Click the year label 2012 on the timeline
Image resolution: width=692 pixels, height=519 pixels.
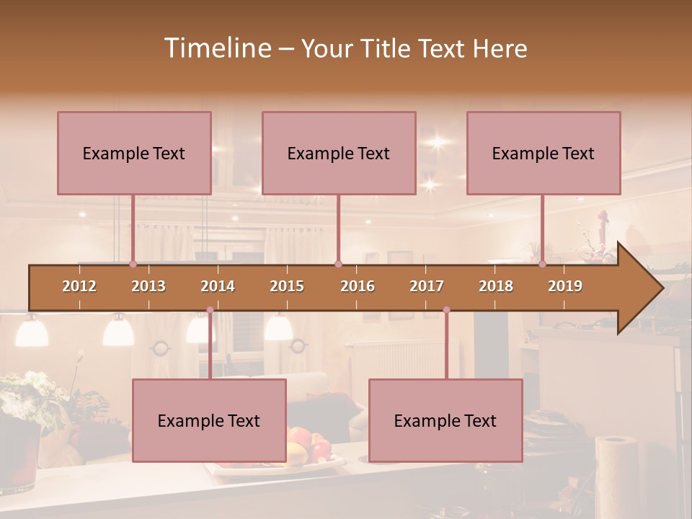pyautogui.click(x=79, y=286)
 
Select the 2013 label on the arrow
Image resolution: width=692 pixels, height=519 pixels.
pyautogui.click(x=148, y=286)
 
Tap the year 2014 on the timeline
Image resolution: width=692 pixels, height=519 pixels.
pyautogui.click(x=218, y=286)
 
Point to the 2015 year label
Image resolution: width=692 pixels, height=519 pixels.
pyautogui.click(x=287, y=286)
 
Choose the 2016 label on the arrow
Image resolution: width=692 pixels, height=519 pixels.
pyautogui.click(x=358, y=286)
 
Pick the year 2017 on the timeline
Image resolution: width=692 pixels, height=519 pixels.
pyautogui.click(x=427, y=286)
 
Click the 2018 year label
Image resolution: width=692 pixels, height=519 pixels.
pyautogui.click(x=496, y=286)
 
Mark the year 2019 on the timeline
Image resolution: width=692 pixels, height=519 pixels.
pyautogui.click(x=565, y=286)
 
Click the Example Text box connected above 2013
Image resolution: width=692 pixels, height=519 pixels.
pyautogui.click(x=134, y=153)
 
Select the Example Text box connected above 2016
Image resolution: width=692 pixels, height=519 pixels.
pyautogui.click(x=339, y=153)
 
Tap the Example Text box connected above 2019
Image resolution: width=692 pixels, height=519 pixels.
pyautogui.click(x=544, y=153)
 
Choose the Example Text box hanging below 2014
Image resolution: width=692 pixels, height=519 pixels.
pyautogui.click(x=209, y=420)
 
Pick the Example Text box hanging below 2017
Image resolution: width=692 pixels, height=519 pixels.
pyautogui.click(x=445, y=420)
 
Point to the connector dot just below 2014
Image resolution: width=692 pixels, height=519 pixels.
pyautogui.click(x=210, y=310)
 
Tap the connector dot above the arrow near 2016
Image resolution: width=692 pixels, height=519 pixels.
pyautogui.click(x=338, y=264)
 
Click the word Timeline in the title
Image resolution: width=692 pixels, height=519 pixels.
pyautogui.click(x=217, y=48)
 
